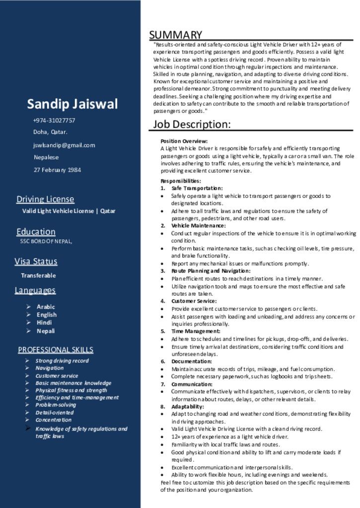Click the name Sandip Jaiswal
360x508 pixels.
pyautogui.click(x=72, y=104)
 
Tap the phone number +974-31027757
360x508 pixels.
pyautogui.click(x=54, y=121)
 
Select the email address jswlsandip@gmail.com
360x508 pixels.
pyautogui.click(x=64, y=145)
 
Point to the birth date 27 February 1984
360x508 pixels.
pyautogui.click(x=57, y=170)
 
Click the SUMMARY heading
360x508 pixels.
pyautogui.click(x=176, y=35)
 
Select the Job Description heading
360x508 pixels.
pyautogui.click(x=192, y=124)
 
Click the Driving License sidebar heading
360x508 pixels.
pyautogui.click(x=45, y=199)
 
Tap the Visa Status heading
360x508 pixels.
pyautogui.click(x=36, y=261)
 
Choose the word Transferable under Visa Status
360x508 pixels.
pyautogui.click(x=38, y=275)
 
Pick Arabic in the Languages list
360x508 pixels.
pyautogui.click(x=46, y=307)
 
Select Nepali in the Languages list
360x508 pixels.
pyautogui.click(x=46, y=331)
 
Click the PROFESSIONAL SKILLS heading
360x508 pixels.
pyautogui.click(x=56, y=350)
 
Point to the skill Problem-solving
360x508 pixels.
pyautogui.click(x=56, y=405)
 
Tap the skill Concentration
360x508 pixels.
pyautogui.click(x=54, y=420)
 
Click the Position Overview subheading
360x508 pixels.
pyautogui.click(x=184, y=141)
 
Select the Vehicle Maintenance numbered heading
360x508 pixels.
pyautogui.click(x=198, y=226)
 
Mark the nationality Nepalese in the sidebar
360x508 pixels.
pyautogui.click(x=46, y=158)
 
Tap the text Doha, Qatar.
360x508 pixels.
pyautogui.click(x=50, y=132)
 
